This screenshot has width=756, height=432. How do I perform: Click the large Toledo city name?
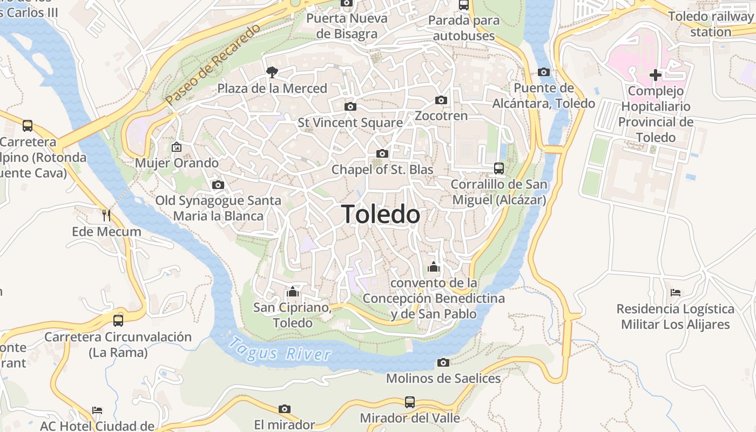pos(380,214)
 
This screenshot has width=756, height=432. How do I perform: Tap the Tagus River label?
pos(279,349)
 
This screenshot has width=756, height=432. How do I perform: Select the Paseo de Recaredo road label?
pos(213,64)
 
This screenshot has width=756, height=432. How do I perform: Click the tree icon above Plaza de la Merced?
pos(272,72)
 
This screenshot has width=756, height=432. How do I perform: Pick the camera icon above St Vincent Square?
pos(350,106)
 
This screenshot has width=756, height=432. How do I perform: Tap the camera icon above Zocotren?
pos(441,100)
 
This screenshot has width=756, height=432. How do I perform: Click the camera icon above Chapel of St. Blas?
pos(382,154)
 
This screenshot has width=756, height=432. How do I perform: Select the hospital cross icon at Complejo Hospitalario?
pos(656,75)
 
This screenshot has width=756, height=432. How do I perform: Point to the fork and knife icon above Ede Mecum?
pos(106,215)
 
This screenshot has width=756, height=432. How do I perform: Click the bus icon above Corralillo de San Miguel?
pos(499,168)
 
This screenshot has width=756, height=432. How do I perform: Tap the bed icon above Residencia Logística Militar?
pos(675,293)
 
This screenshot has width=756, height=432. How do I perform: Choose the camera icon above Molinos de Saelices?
pos(443,362)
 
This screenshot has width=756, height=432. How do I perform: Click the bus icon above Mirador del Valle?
pos(410,402)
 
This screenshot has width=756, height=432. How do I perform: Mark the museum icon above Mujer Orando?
pos(177,147)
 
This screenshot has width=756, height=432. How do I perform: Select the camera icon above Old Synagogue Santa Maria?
pos(218,185)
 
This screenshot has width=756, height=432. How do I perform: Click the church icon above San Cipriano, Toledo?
pos(293,292)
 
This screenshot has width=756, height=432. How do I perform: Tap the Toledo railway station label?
pos(710,24)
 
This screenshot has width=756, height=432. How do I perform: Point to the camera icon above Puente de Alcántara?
pos(544,72)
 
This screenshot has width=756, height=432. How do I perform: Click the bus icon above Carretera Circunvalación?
pos(118,321)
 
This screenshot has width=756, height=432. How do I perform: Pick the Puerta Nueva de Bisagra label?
pos(347,26)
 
